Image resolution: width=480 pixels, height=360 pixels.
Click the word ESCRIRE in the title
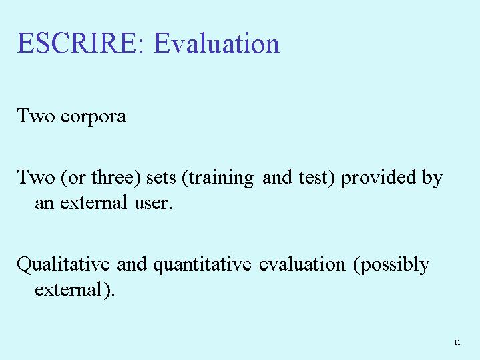(76, 43)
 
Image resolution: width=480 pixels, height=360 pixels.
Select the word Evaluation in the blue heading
(216, 43)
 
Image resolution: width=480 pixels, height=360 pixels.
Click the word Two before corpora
(36, 116)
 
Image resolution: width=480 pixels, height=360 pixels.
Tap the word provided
(379, 178)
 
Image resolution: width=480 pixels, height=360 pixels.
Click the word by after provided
(432, 178)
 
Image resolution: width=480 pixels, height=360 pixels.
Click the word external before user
(93, 202)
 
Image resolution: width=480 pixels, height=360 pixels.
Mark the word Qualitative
(63, 264)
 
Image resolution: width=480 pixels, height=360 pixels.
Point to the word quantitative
(202, 265)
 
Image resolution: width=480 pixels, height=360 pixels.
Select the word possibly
(391, 264)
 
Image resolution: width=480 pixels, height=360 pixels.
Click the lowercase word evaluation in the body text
(302, 264)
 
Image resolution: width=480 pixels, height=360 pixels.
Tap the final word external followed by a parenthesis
(68, 289)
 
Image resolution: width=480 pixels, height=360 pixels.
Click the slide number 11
(457, 342)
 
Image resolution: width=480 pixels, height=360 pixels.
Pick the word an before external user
(44, 204)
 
